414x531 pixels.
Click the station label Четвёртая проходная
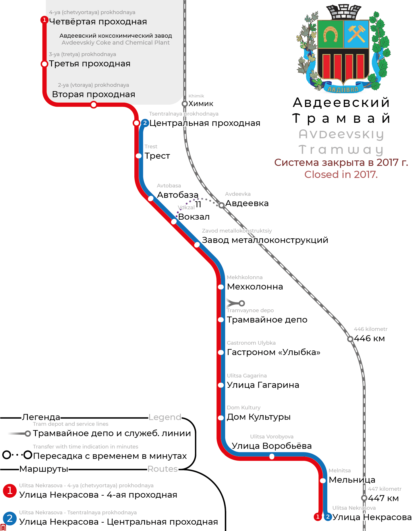pos(98,22)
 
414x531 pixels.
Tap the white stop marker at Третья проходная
pos(44,64)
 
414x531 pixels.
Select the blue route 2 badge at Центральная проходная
pos(145,123)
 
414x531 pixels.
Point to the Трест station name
pos(157,156)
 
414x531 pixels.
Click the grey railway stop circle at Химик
pos(185,103)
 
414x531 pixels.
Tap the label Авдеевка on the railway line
pos(247,203)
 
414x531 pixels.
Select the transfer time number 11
pos(198,205)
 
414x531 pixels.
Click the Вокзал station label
pos(194,217)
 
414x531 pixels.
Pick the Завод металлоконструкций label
pos(265,240)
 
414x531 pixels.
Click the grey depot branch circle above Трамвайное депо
pos(242,303)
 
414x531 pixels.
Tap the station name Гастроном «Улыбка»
pos(273,352)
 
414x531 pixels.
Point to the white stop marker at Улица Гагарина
pos(221,385)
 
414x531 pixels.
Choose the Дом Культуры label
pos(258,417)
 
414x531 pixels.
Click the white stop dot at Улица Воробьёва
pos(272,456)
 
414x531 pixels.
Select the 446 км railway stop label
pos(369,338)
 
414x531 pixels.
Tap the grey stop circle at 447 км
pos(364,498)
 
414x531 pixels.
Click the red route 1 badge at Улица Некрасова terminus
pos(318,517)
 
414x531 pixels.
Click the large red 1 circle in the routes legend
pos(10,490)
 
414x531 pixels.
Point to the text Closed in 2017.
pos(341,175)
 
